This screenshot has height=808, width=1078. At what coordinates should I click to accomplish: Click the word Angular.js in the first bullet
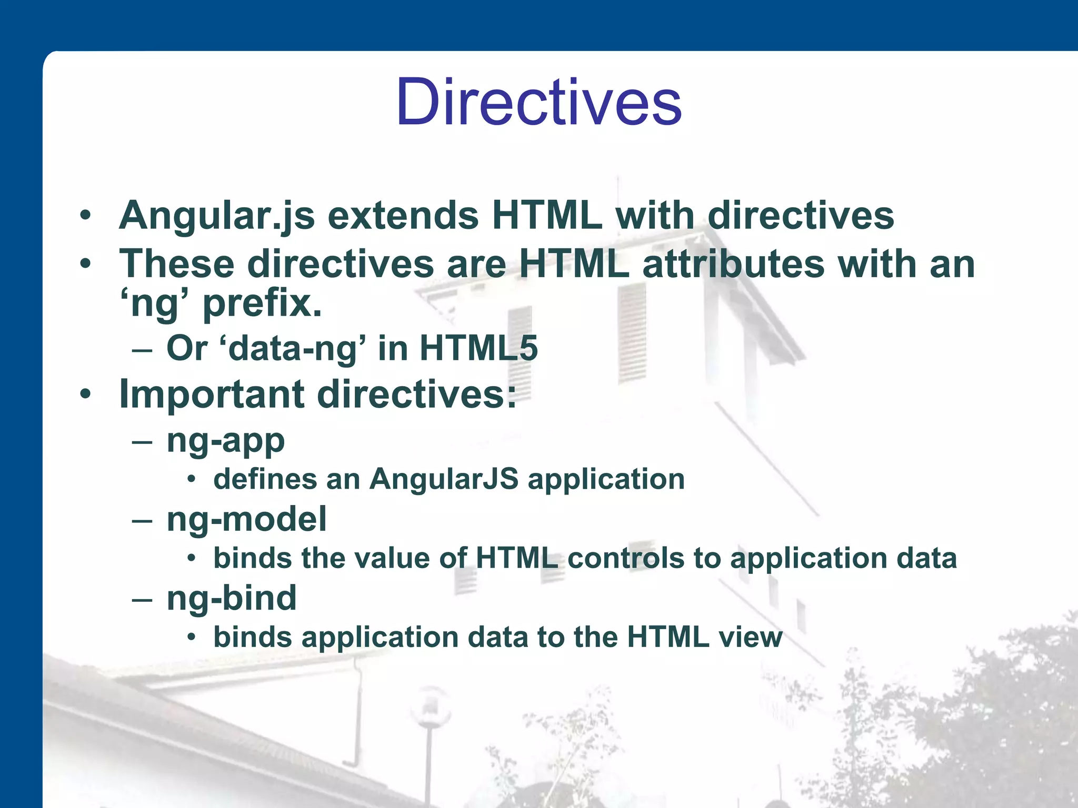pyautogui.click(x=217, y=216)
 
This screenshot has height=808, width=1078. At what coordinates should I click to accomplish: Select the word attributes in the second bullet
pyautogui.click(x=733, y=264)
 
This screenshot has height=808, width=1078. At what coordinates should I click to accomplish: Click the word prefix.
pyautogui.click(x=262, y=305)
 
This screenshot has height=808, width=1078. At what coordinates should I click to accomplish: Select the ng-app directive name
pyautogui.click(x=225, y=441)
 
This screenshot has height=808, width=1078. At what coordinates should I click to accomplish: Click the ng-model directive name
pyautogui.click(x=246, y=520)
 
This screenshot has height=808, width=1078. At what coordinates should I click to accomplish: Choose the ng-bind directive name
pyautogui.click(x=232, y=599)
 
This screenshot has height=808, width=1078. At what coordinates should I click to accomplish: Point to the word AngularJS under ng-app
pyautogui.click(x=443, y=479)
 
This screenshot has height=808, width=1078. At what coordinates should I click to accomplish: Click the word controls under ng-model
pyautogui.click(x=625, y=558)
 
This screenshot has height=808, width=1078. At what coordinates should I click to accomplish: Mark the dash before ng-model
pyautogui.click(x=142, y=521)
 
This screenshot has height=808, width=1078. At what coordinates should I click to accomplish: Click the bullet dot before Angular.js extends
pyautogui.click(x=86, y=215)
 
